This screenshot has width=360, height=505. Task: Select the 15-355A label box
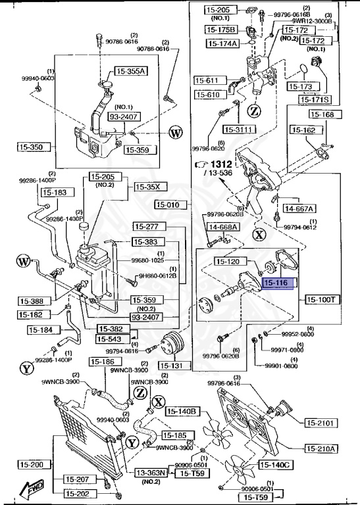(x=132, y=71)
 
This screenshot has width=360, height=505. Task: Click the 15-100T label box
(x=321, y=299)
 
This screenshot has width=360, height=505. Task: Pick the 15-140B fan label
(x=182, y=412)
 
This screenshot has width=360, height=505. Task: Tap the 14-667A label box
(x=299, y=208)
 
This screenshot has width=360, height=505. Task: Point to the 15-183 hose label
(x=55, y=193)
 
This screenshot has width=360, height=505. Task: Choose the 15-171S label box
(x=316, y=99)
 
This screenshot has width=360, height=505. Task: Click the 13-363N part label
(x=151, y=472)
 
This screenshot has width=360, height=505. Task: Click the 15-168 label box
(x=322, y=114)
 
